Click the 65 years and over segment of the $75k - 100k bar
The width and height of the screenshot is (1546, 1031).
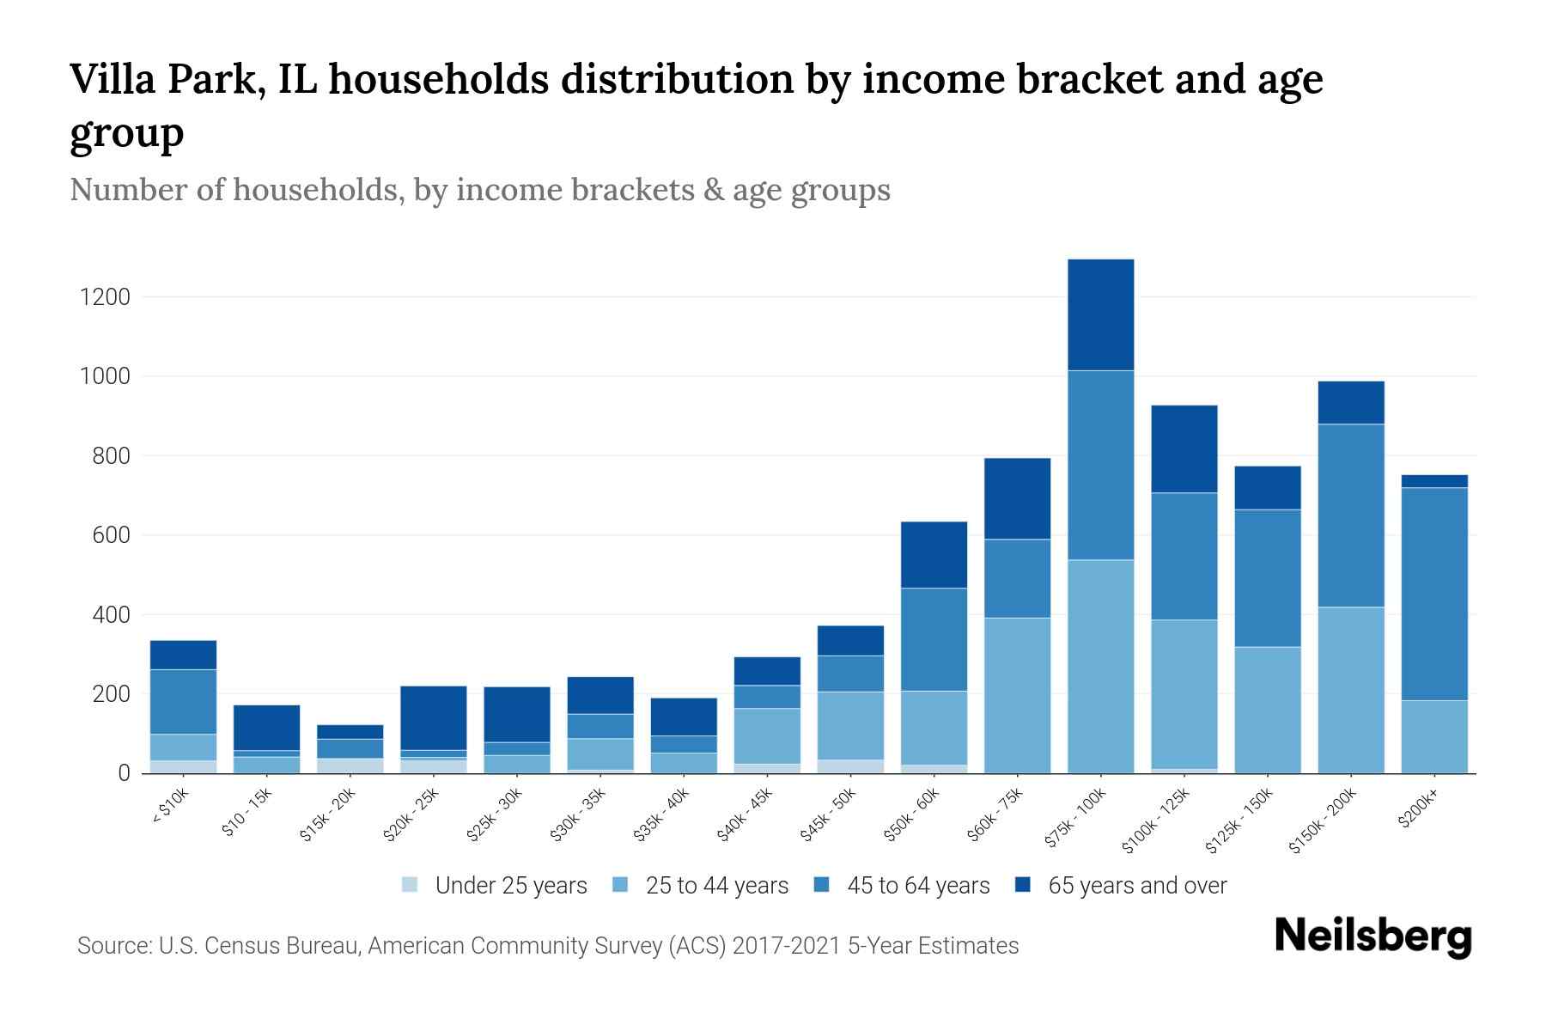[1100, 314]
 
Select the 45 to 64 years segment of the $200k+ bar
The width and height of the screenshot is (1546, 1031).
[1434, 594]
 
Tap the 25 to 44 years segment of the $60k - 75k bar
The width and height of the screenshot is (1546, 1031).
[1017, 695]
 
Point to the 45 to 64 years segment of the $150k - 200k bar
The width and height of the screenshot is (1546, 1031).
[1351, 515]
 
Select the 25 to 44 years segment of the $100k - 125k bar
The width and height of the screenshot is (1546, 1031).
[1184, 693]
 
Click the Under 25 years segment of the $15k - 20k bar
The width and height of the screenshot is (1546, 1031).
[350, 766]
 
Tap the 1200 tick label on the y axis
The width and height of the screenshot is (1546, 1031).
[105, 297]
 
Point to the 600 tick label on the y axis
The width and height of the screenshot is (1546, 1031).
[112, 535]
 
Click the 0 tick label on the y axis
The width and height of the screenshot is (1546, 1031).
[125, 773]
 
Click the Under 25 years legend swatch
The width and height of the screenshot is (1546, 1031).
[411, 885]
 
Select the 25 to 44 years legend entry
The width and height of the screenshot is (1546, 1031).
[716, 885]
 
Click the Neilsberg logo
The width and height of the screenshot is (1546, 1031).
[1373, 936]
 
